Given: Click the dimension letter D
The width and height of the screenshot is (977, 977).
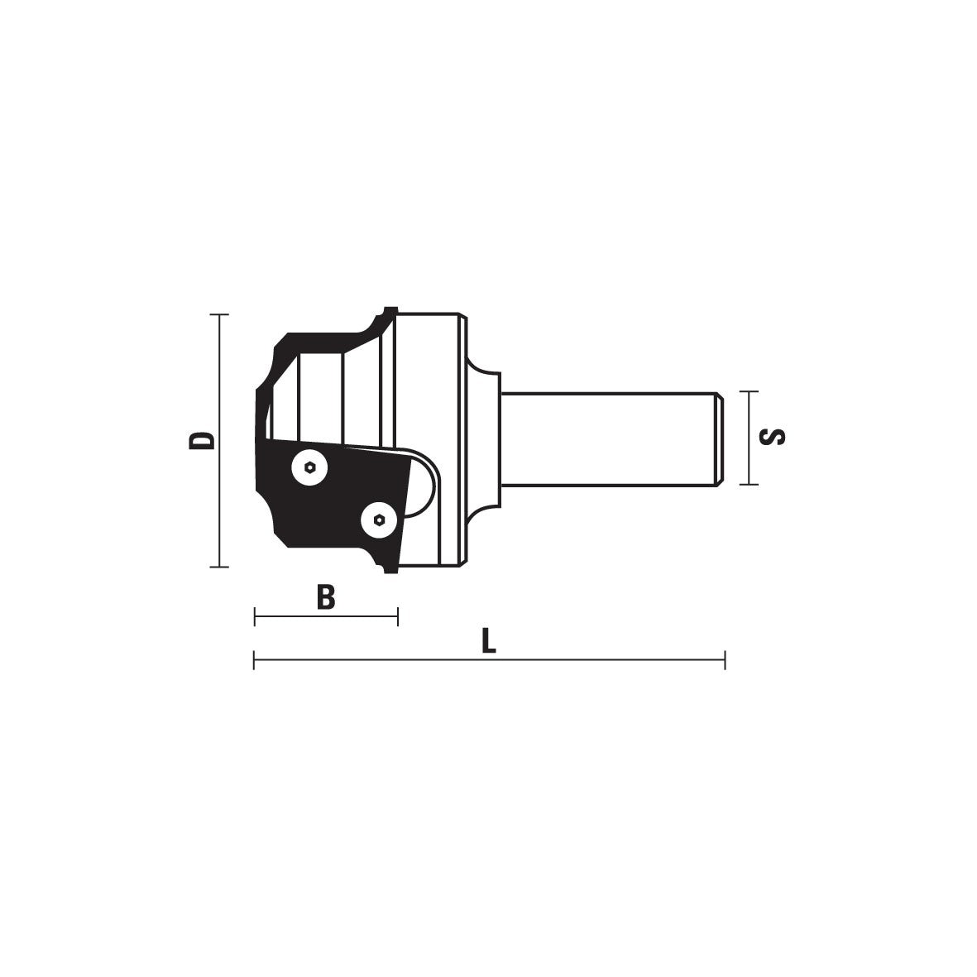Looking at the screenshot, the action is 201,440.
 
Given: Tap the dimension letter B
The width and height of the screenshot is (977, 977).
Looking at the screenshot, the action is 325,597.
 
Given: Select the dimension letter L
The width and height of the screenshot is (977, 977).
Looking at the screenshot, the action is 489,640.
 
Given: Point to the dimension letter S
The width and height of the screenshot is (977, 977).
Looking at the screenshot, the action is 773,437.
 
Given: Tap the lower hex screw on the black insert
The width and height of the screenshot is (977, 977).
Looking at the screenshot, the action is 380,519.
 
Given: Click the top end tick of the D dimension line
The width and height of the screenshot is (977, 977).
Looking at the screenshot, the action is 219,314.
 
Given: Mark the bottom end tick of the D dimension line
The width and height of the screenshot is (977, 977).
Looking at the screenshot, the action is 219,567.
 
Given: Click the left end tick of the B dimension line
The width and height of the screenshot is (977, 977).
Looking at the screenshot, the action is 255,617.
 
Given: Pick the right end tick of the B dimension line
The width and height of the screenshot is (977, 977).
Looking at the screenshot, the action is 398,617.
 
